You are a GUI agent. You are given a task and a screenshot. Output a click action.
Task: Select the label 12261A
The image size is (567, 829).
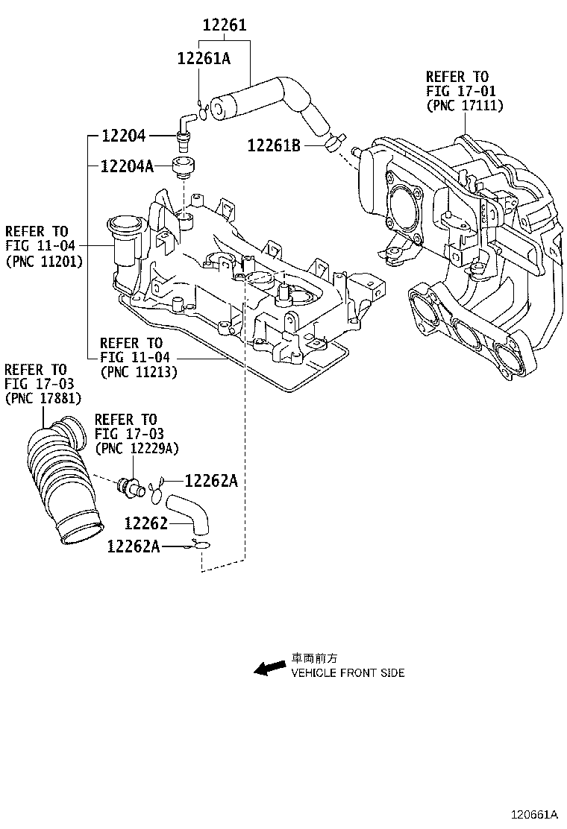point(204,57)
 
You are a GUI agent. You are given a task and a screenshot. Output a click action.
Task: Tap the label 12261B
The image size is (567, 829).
point(274,146)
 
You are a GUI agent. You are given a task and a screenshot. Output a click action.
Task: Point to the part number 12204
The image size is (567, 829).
point(123,136)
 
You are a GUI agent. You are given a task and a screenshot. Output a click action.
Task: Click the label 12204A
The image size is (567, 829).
point(127,166)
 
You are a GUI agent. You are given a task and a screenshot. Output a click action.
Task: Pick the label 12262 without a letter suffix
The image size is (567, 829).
point(146,523)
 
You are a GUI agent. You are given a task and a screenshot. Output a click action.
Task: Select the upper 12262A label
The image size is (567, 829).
point(211,482)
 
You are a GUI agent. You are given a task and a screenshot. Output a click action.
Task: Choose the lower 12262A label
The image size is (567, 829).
point(134,546)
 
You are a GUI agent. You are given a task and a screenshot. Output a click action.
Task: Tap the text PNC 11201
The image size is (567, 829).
point(44,262)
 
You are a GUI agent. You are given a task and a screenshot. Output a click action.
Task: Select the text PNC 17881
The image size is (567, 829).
point(43,398)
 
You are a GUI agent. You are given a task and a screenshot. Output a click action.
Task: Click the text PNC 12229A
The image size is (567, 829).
point(137,447)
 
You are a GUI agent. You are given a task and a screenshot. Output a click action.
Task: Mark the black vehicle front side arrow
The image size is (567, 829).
point(269,667)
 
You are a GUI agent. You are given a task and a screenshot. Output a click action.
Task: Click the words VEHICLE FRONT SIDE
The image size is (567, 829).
point(348,673)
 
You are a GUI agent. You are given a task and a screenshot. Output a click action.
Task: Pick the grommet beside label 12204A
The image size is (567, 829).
point(182,167)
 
